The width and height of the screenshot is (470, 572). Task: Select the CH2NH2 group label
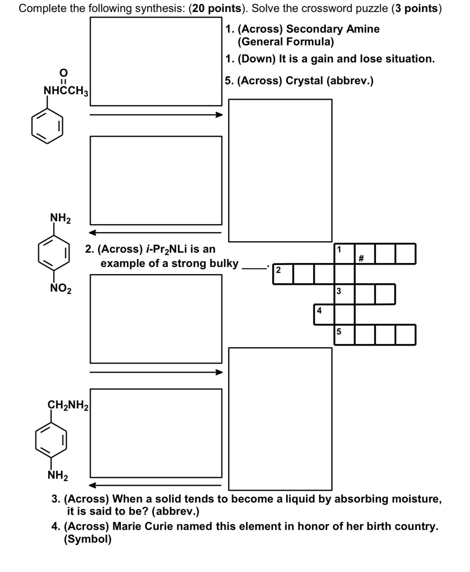68,405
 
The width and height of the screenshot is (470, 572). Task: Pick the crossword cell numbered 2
283,274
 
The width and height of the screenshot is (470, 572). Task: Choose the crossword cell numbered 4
324,315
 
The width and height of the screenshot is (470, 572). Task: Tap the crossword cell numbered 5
344,334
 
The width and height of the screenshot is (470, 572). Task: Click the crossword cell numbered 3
344,294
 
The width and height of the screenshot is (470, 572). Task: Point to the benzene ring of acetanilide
47,127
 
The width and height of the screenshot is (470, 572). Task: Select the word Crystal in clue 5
304,81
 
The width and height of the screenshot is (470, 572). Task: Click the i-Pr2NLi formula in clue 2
166,249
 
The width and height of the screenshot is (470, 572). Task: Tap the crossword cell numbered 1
344,254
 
